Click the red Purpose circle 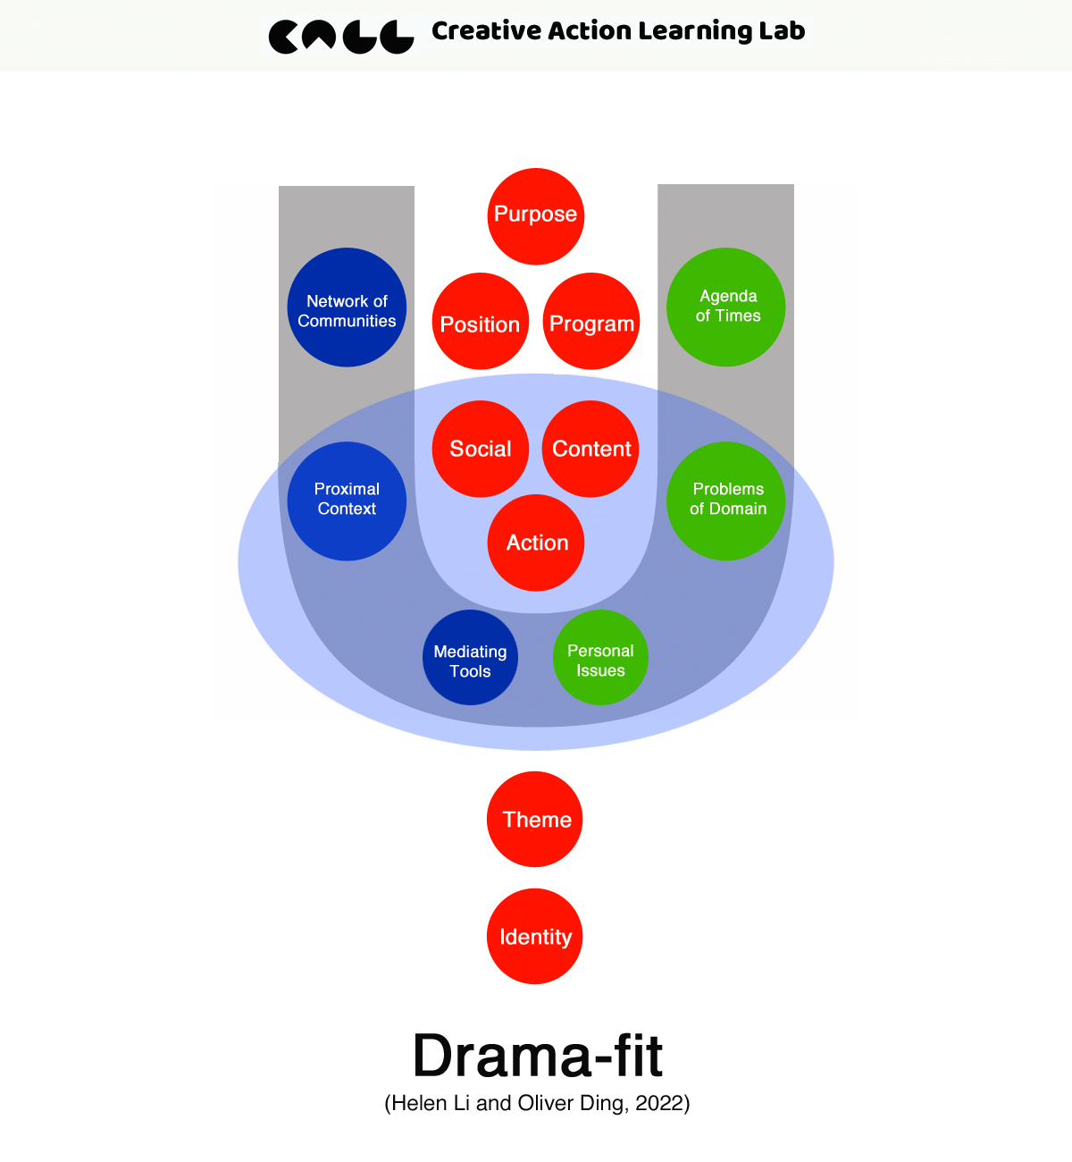click(536, 216)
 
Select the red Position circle click(480, 321)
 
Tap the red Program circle click(591, 321)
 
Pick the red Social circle click(480, 449)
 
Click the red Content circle click(590, 449)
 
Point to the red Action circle click(536, 543)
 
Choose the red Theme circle click(534, 819)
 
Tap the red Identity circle click(534, 936)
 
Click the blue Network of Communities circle click(347, 307)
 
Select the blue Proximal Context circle click(347, 501)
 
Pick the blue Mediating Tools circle click(470, 658)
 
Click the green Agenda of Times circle click(725, 307)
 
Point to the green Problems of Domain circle click(725, 501)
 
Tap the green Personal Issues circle click(600, 658)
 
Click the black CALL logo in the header click(341, 37)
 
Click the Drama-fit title click(538, 1056)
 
